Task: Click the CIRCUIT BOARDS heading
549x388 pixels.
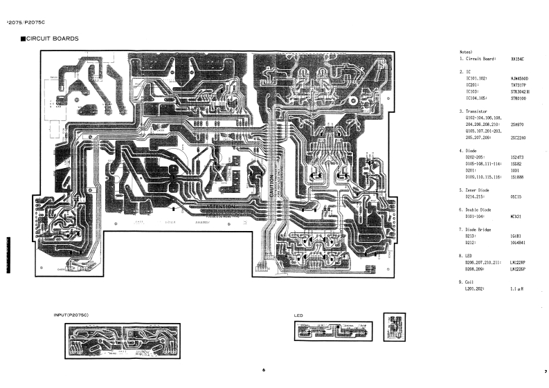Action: click(52, 38)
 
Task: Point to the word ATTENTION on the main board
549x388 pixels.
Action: click(222, 206)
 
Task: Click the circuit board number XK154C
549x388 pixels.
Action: click(517, 59)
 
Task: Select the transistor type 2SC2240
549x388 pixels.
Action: click(518, 137)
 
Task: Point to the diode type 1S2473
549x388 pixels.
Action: click(516, 157)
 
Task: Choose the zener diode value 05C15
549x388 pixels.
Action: click(516, 196)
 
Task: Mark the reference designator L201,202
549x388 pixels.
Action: click(478, 288)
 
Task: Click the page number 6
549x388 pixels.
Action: click(264, 370)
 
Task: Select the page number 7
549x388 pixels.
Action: click(546, 371)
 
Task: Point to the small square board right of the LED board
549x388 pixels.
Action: click(395, 326)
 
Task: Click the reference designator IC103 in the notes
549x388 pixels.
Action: click(473, 91)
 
